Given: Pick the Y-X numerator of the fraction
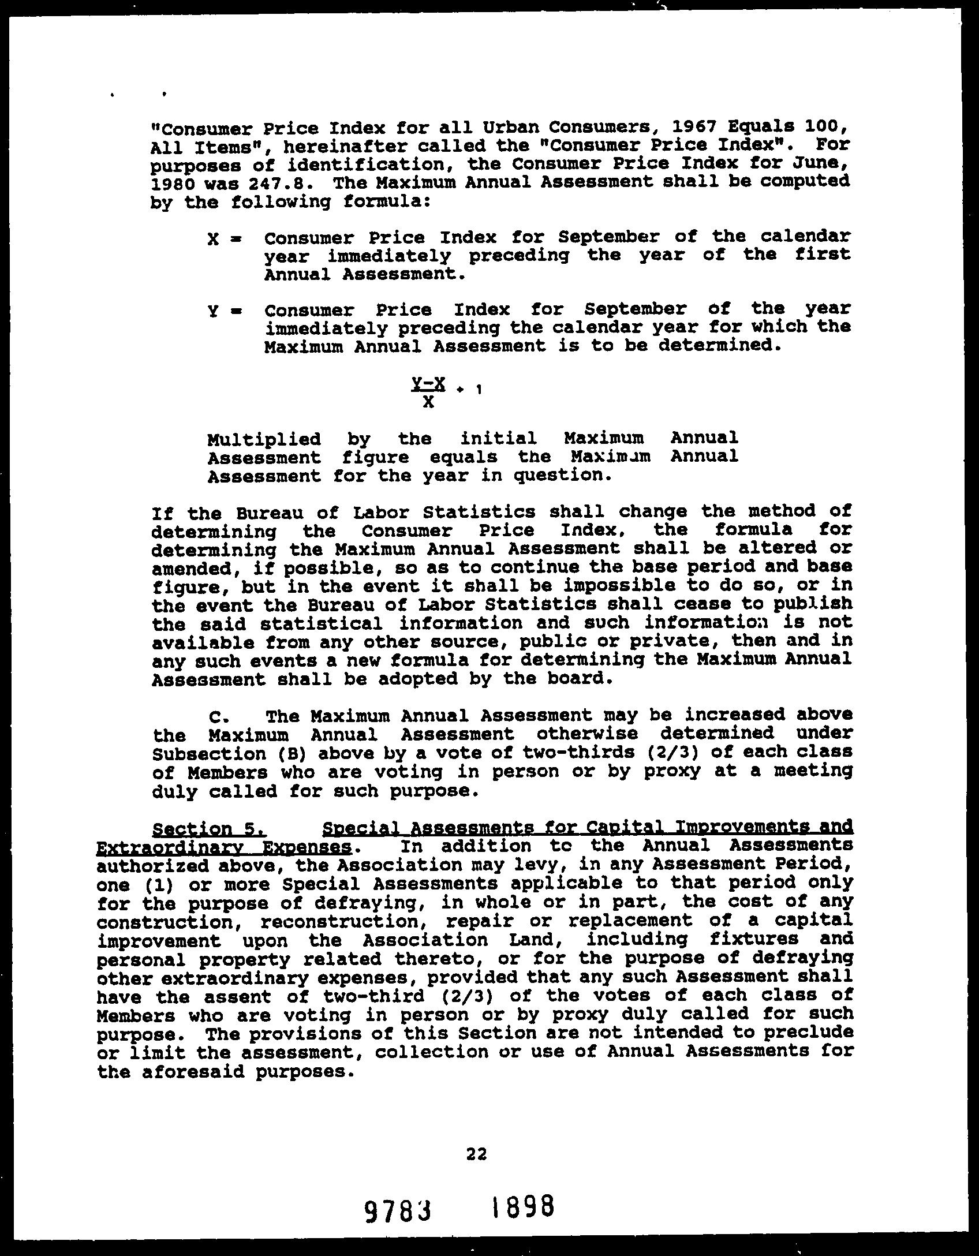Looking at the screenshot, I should click(428, 383).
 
